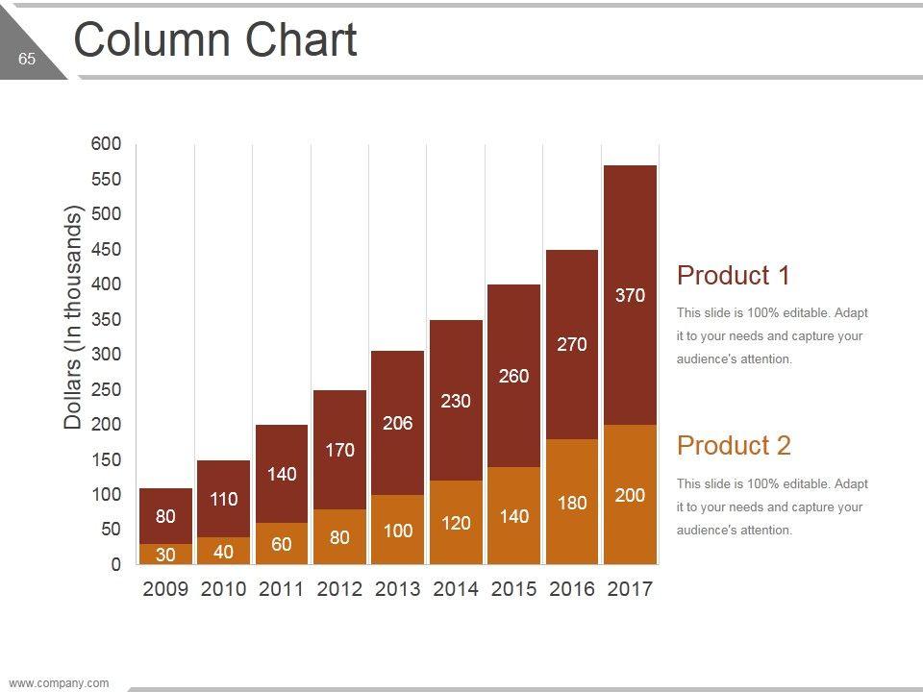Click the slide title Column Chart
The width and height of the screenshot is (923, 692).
point(215,40)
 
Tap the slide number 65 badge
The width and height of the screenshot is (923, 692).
point(26,60)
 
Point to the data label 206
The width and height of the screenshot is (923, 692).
point(397,423)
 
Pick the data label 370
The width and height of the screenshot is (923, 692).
point(630,296)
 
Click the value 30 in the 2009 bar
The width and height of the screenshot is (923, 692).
point(165,555)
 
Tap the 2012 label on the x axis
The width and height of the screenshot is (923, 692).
point(339,589)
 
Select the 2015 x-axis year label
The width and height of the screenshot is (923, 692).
point(513,589)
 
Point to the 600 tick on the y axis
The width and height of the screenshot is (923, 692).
point(106,144)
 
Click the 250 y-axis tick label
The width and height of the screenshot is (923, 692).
point(106,389)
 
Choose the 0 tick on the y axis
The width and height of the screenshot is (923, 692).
point(115,564)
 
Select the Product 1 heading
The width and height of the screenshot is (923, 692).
point(734,276)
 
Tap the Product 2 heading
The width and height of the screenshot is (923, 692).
point(734,446)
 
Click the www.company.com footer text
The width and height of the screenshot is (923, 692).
point(59,683)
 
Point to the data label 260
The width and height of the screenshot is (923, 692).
point(513,377)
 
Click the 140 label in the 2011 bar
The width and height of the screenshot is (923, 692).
point(282,474)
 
